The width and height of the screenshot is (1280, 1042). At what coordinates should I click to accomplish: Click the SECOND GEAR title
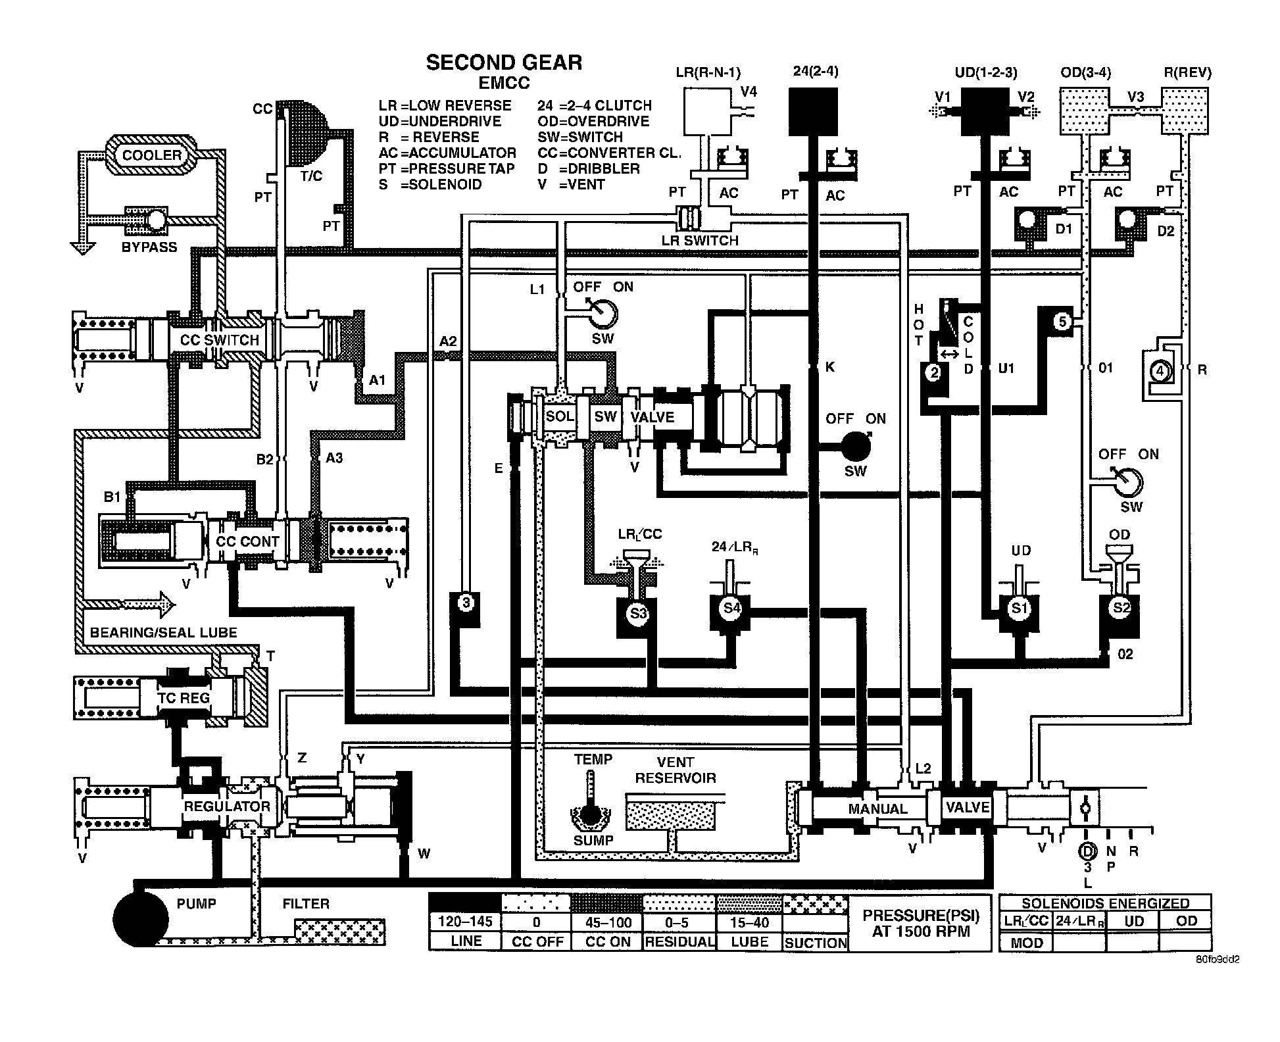tap(504, 62)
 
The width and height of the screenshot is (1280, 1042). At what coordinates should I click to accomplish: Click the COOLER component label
tap(152, 155)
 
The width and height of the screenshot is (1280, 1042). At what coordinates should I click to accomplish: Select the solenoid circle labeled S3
tap(638, 614)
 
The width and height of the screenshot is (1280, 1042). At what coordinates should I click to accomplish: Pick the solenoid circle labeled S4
tap(731, 607)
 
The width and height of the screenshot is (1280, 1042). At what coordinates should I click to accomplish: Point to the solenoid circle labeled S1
tap(1019, 608)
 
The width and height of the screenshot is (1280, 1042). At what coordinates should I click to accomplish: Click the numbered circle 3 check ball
tap(466, 602)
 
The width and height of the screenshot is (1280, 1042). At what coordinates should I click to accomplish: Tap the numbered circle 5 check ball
tap(1062, 322)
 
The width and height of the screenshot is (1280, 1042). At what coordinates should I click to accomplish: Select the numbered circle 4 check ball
tap(1160, 371)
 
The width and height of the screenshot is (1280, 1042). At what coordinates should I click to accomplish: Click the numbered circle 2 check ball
tap(933, 373)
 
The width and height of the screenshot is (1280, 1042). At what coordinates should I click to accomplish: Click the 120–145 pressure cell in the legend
tap(465, 922)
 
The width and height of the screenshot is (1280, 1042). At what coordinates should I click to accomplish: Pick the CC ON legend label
tap(608, 941)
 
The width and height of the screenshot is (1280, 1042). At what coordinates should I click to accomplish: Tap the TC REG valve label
tap(184, 697)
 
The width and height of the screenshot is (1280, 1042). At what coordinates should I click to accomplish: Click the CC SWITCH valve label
tap(220, 340)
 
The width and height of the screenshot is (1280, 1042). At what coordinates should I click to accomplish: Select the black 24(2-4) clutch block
tap(813, 112)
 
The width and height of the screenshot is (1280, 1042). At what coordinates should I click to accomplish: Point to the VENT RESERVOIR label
tap(675, 770)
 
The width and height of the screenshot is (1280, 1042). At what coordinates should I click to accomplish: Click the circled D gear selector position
tap(1088, 851)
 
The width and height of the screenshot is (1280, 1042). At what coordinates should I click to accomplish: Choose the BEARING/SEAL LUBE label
tap(163, 633)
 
